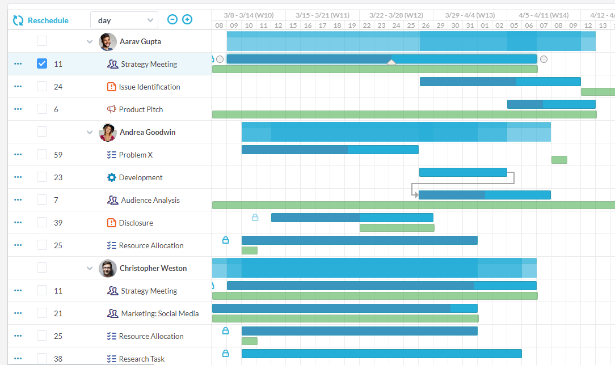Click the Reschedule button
tap(40, 20)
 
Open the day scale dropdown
tap(124, 20)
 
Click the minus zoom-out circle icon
tap(172, 20)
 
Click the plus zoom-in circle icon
tap(187, 20)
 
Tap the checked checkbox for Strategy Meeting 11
tap(42, 63)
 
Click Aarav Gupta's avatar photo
tap(108, 41)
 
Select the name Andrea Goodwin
tap(148, 132)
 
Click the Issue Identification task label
tap(149, 87)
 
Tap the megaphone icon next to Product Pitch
tap(112, 109)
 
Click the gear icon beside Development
tap(112, 177)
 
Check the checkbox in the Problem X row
tap(42, 154)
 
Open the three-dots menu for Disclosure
tap(18, 223)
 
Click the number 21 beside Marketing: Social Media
tap(58, 313)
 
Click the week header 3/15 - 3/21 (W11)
tap(322, 15)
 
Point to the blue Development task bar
tap(463, 172)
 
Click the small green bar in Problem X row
tap(559, 160)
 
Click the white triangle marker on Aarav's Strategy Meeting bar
tap(391, 62)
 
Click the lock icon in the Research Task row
tap(225, 353)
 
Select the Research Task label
tap(142, 359)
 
